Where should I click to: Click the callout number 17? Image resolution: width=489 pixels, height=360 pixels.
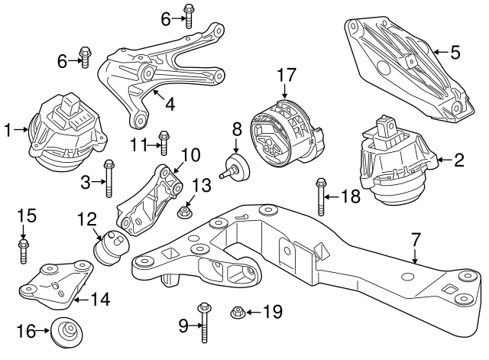tap(286, 76)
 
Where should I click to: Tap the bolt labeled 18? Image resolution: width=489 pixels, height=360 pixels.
tap(318, 196)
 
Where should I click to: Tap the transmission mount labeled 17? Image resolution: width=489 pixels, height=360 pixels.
tap(284, 132)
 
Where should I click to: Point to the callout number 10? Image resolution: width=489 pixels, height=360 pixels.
tap(190, 155)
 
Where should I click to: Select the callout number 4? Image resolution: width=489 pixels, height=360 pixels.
tap(170, 102)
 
